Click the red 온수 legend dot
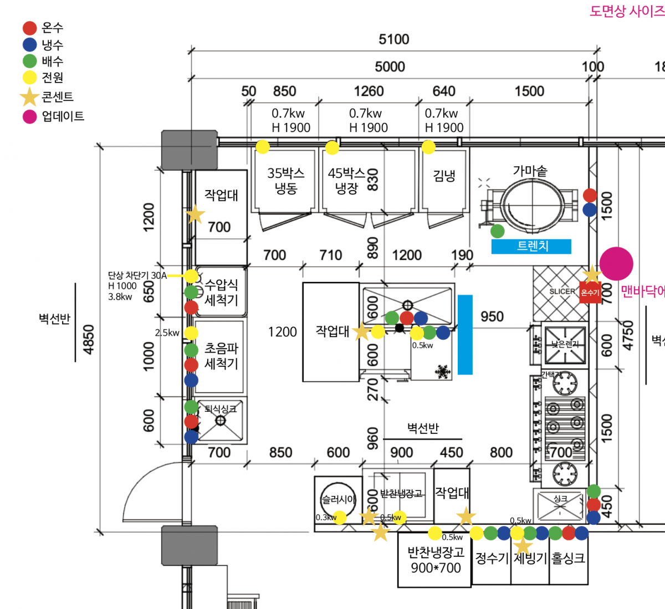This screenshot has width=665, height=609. (x=29, y=28)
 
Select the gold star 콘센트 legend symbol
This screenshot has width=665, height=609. (x=29, y=97)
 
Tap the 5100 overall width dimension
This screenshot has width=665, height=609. (x=393, y=39)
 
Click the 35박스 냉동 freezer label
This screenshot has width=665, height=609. (x=286, y=181)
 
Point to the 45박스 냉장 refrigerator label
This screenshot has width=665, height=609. (x=347, y=181)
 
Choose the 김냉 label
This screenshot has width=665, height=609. (x=444, y=176)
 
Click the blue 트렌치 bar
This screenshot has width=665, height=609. (x=531, y=246)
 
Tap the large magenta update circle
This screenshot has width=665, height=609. (x=616, y=264)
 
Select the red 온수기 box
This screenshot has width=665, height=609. (x=590, y=292)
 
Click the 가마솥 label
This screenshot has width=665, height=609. (x=530, y=171)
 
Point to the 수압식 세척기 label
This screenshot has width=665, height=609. (x=221, y=292)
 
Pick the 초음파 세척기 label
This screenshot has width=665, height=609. (x=221, y=356)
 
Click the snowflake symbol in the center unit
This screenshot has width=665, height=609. (x=442, y=371)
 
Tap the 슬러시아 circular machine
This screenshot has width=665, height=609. (x=338, y=499)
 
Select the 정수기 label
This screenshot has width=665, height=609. (x=492, y=558)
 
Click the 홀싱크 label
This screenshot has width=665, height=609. (x=568, y=558)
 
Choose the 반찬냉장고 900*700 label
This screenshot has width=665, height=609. (x=436, y=560)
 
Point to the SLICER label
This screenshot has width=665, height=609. (x=562, y=291)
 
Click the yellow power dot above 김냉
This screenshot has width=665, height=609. (x=428, y=147)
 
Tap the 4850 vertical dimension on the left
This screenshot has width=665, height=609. (x=88, y=340)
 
